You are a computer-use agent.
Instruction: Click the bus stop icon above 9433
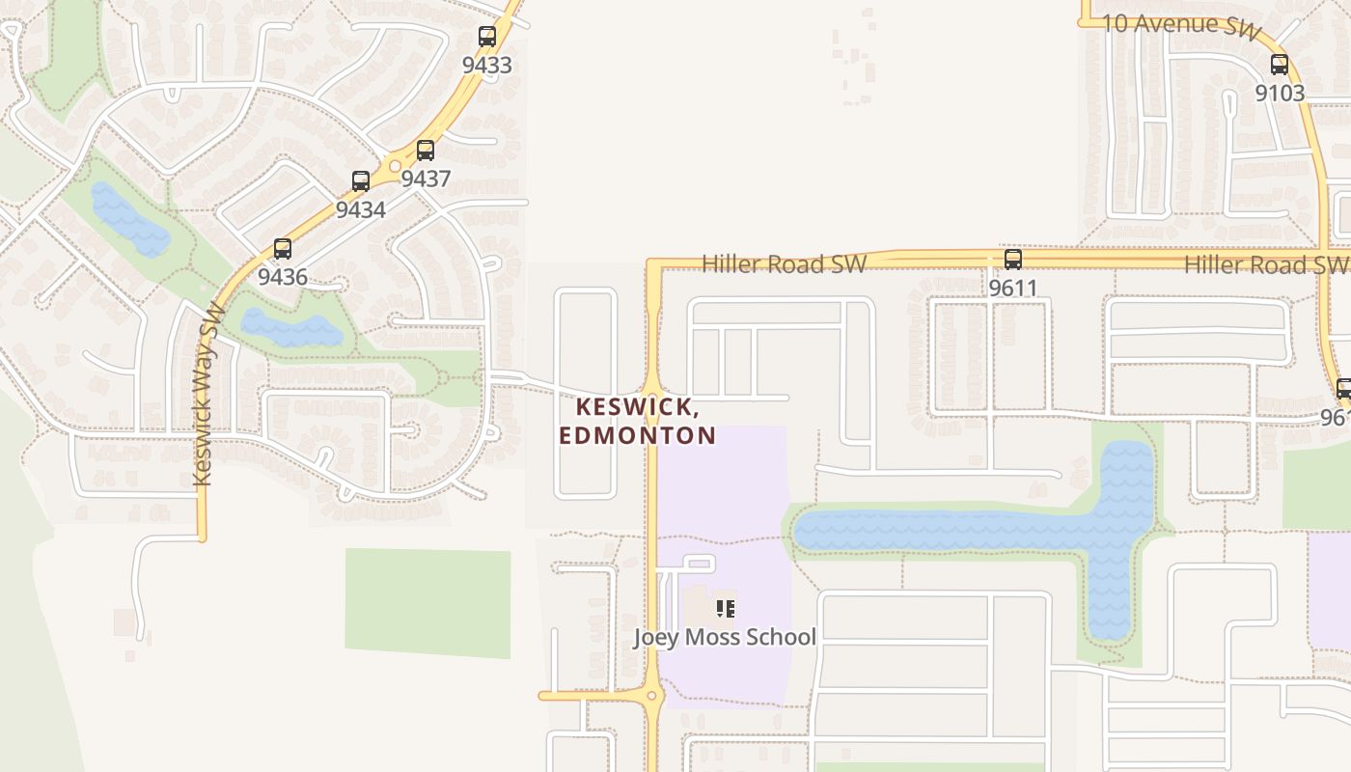click(x=487, y=38)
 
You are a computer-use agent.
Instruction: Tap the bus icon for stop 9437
click(x=425, y=151)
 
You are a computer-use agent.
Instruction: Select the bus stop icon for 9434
click(x=361, y=181)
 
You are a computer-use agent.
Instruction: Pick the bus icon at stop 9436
click(x=283, y=249)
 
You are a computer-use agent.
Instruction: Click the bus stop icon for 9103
click(x=1280, y=66)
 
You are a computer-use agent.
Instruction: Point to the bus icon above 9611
click(x=1012, y=260)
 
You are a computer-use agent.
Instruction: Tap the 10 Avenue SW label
click(x=1181, y=27)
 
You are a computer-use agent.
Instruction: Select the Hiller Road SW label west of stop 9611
click(x=784, y=264)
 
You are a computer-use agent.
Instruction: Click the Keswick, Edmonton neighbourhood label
click(x=637, y=421)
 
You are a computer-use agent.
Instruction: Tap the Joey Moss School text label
click(x=724, y=637)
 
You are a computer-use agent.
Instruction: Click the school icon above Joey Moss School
click(x=726, y=608)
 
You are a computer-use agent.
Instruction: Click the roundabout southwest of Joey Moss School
click(x=652, y=695)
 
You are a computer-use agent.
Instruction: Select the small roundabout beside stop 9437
click(x=395, y=167)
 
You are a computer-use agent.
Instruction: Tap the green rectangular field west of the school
click(x=427, y=603)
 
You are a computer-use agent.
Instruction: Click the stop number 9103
click(x=1280, y=94)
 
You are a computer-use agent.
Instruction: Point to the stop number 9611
click(x=1012, y=288)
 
